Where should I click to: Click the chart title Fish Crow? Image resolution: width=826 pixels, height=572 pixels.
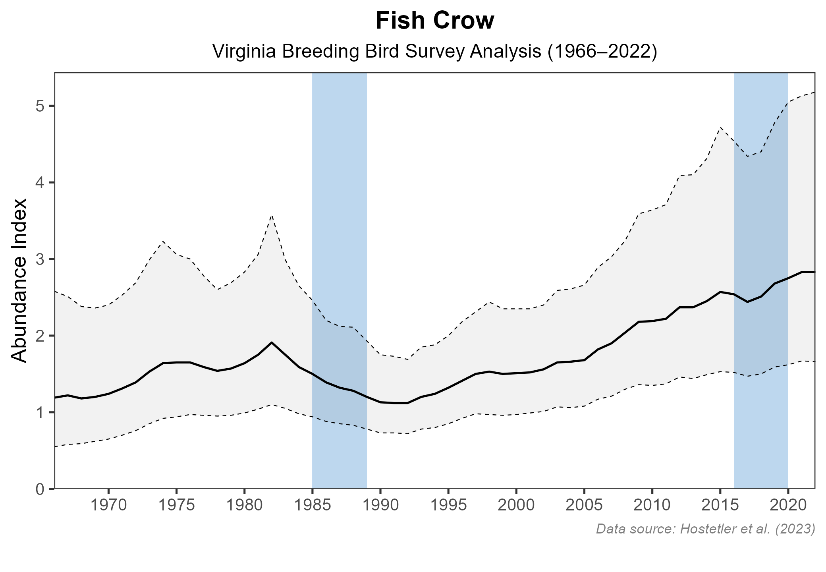(435, 21)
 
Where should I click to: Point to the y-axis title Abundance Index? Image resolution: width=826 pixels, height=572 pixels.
(19, 280)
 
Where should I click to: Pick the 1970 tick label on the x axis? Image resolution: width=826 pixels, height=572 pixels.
(108, 506)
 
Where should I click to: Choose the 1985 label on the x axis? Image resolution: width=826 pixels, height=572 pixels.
(312, 506)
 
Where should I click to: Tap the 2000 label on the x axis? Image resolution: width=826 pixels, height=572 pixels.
(516, 506)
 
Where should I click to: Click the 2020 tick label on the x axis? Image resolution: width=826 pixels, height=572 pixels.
(788, 506)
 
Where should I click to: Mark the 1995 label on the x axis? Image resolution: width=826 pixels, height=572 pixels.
(448, 506)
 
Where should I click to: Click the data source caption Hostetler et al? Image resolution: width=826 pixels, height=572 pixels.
(705, 529)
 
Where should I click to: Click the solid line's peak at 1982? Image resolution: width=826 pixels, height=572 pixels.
(271, 342)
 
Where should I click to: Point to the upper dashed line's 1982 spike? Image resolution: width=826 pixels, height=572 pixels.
(271, 215)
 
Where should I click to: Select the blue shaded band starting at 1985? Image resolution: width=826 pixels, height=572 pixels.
(339, 199)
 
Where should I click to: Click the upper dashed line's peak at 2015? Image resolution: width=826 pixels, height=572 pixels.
(720, 128)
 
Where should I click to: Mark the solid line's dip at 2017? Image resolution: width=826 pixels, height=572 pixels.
(747, 302)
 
